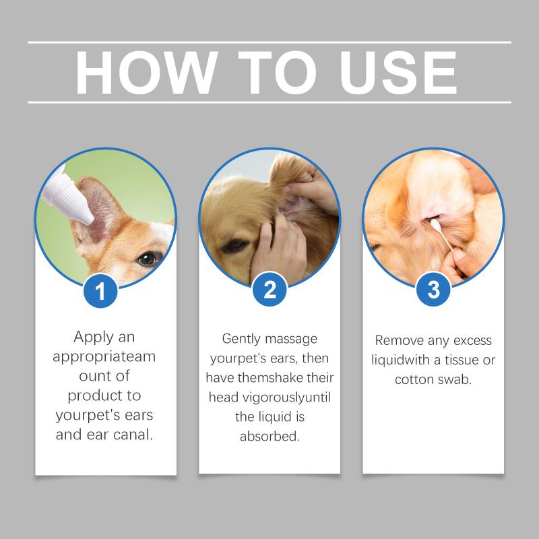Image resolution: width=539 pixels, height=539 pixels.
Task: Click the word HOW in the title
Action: [x=147, y=72]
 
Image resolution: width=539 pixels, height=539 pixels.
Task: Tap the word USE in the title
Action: [x=398, y=72]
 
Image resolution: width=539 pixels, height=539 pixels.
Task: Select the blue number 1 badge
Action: [x=100, y=291]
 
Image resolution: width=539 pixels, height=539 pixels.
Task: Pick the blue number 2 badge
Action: [x=269, y=290]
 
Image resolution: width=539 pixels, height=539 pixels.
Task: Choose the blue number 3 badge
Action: [x=433, y=290]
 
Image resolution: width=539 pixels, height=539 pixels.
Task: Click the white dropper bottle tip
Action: [x=88, y=220]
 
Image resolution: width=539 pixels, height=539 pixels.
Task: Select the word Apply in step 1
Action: [x=94, y=338]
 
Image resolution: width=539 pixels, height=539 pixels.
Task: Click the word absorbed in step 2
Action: [x=270, y=436]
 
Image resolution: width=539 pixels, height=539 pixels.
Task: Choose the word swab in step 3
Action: [x=454, y=379]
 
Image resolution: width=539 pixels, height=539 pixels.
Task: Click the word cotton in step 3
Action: [x=414, y=380]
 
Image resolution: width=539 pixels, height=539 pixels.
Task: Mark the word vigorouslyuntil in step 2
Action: [x=287, y=398]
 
